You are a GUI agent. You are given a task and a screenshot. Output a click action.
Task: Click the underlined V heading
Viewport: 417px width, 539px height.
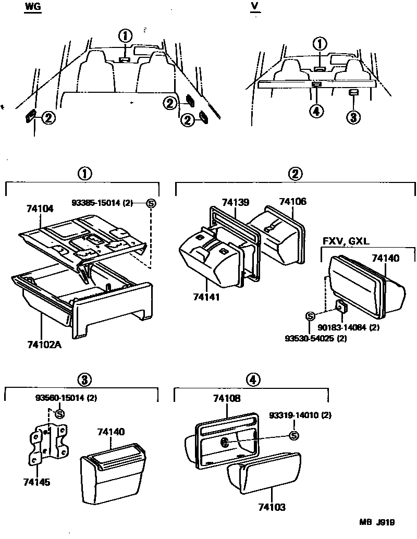(255, 6)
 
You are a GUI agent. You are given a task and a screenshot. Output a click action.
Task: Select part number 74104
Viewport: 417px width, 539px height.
(40, 209)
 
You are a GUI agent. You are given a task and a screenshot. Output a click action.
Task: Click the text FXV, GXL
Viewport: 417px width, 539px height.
(345, 242)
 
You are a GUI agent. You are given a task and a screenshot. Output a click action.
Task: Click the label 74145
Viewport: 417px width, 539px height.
(36, 483)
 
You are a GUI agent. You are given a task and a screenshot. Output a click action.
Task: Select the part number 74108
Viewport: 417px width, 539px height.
(227, 399)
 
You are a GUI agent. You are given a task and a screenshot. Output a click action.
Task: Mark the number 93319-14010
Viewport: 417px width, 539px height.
(300, 415)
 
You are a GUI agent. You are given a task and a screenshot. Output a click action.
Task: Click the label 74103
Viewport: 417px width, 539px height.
(272, 506)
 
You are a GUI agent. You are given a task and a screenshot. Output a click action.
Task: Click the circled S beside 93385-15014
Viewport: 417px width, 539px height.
(151, 203)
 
